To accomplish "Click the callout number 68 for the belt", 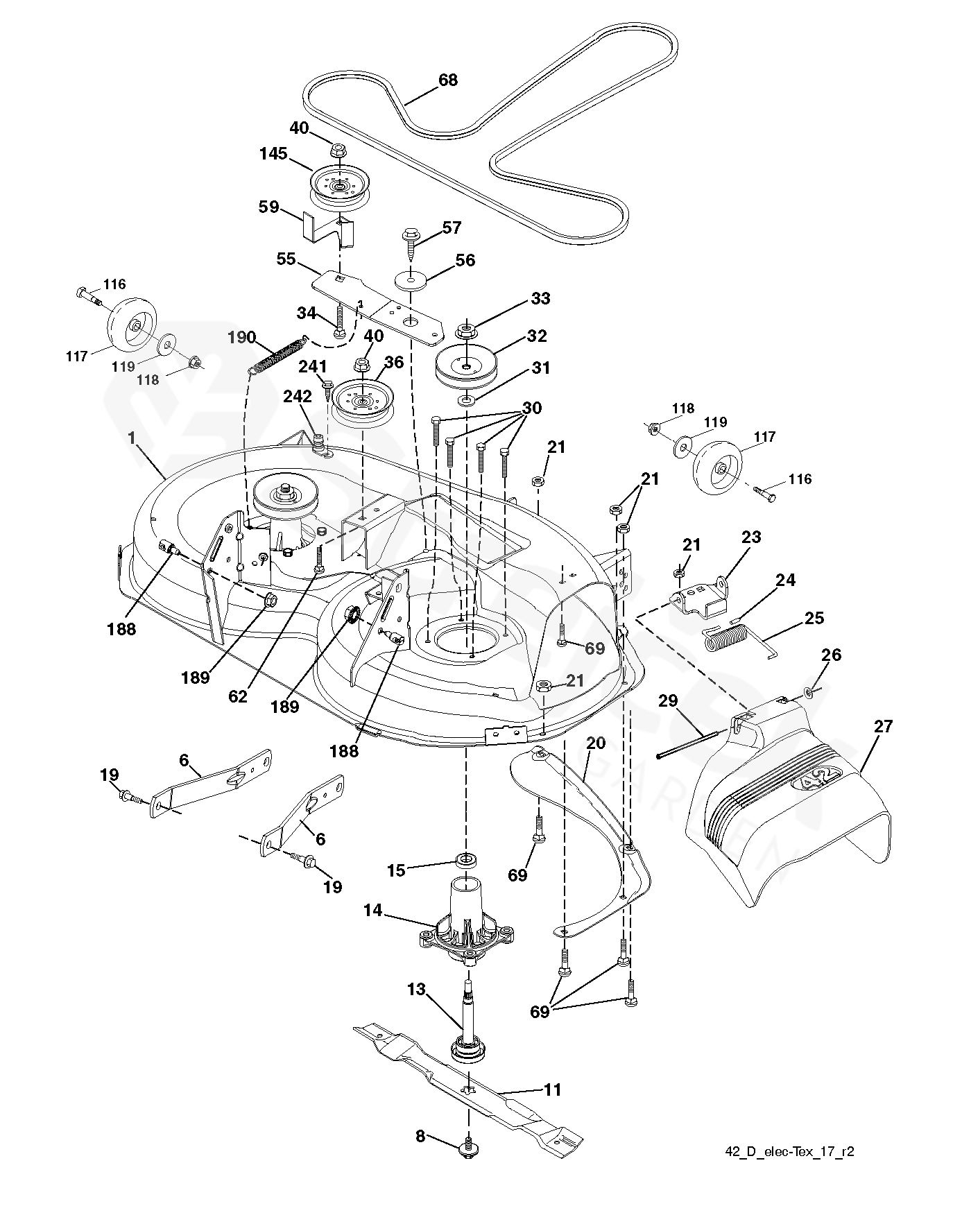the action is pyautogui.click(x=448, y=80).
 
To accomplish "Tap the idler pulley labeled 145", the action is pyautogui.click(x=338, y=186).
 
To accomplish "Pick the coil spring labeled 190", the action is pyautogui.click(x=278, y=354).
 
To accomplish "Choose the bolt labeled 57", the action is pyautogui.click(x=411, y=243).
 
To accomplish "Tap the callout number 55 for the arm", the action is pyautogui.click(x=286, y=260).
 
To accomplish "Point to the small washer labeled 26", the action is pyautogui.click(x=810, y=691).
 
